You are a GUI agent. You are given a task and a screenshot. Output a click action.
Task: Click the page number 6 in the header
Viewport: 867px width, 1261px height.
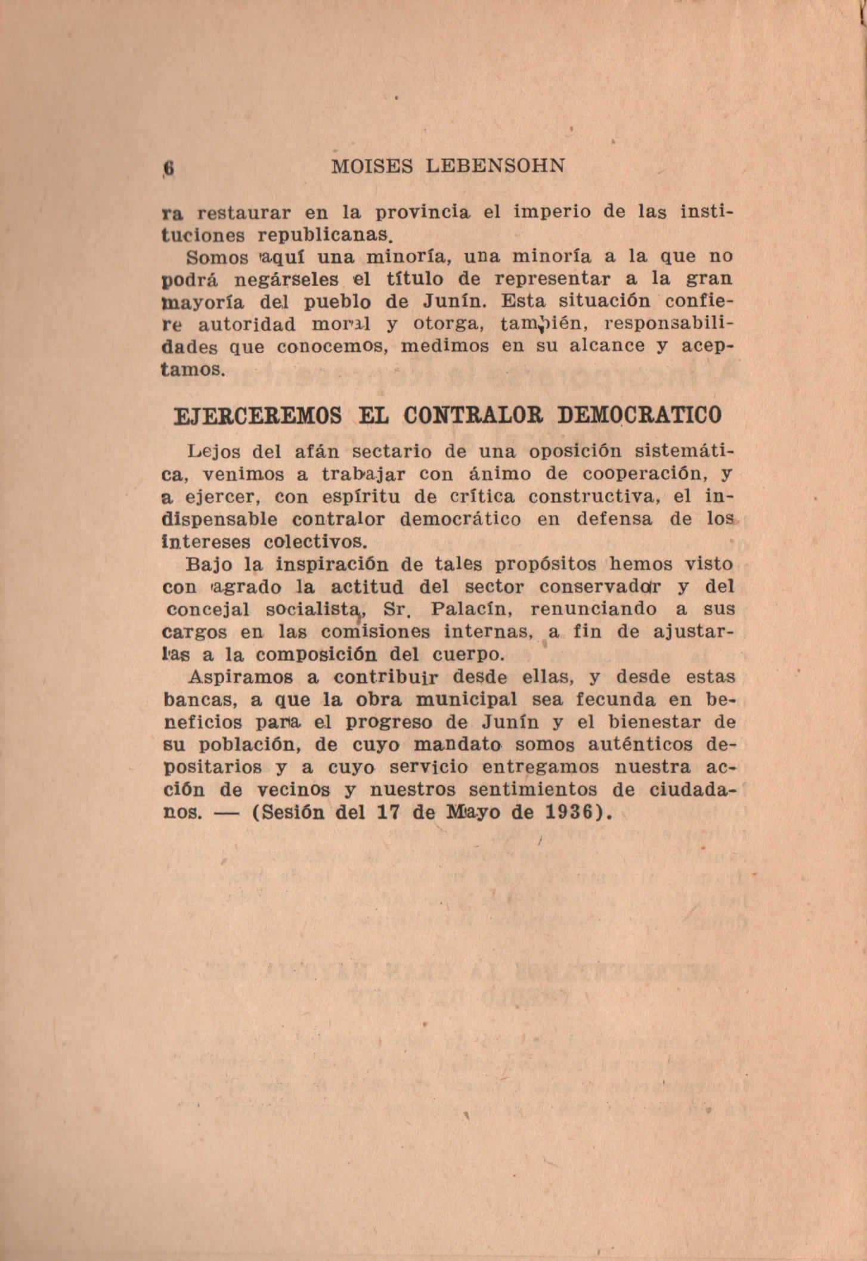tap(169, 167)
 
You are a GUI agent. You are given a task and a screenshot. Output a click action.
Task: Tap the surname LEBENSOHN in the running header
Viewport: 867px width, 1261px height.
tap(496, 166)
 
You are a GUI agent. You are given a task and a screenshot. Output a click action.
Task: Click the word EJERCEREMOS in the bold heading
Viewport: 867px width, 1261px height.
tap(257, 415)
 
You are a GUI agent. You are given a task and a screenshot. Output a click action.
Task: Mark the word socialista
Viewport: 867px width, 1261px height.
tap(315, 610)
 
